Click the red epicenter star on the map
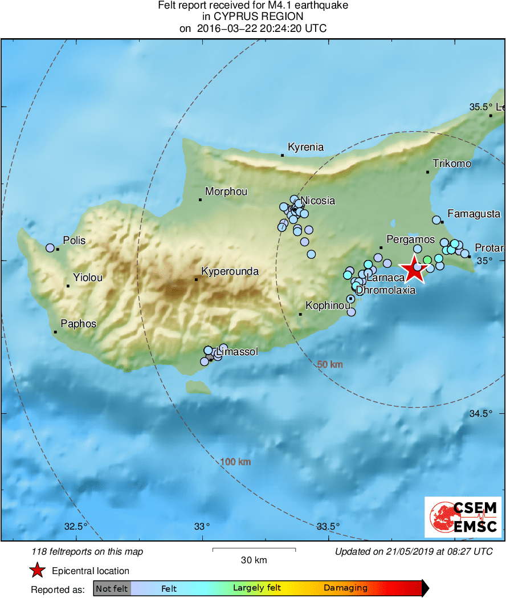coord(414,270)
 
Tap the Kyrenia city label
coord(305,147)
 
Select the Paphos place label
coord(79,324)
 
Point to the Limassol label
coord(237,352)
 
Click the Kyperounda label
coord(230,271)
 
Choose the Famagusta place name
coord(474,214)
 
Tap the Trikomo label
coord(452,164)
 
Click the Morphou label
coord(226,192)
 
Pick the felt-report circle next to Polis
coord(50,248)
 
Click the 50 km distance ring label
coord(330,364)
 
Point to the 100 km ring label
coord(235,462)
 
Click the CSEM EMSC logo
coord(463,516)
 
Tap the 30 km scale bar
coord(254,550)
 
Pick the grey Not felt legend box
coord(112,588)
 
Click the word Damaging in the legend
coord(345,588)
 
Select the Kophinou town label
coord(328,306)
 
